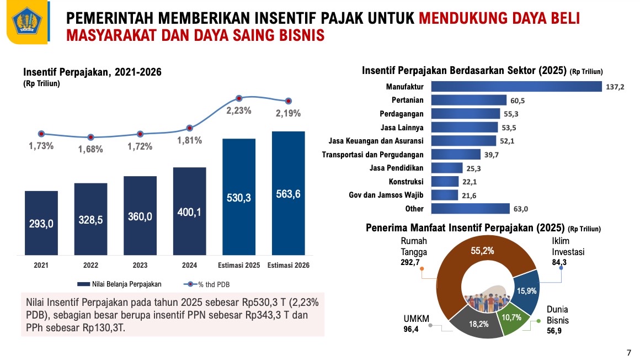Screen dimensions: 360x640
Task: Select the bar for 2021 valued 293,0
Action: [41, 223]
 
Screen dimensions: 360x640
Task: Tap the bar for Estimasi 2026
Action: [289, 193]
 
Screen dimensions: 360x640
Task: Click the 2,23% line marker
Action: [239, 98]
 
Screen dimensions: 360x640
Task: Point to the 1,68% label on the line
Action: [90, 149]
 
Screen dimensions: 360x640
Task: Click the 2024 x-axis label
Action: [189, 266]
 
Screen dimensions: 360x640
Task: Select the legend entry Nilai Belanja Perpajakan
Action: [119, 284]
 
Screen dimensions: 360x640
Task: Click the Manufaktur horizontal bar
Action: [516, 87]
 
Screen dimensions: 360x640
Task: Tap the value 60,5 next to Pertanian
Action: [518, 100]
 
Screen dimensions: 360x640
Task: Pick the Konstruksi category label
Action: [406, 182]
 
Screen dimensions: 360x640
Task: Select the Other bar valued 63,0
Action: [470, 209]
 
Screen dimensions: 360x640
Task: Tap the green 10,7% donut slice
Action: [515, 319]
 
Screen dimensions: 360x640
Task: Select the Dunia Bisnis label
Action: [557, 315]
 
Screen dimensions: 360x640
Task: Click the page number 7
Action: [629, 352]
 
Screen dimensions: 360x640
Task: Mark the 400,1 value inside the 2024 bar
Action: [189, 212]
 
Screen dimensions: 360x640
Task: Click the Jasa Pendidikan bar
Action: [446, 168]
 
